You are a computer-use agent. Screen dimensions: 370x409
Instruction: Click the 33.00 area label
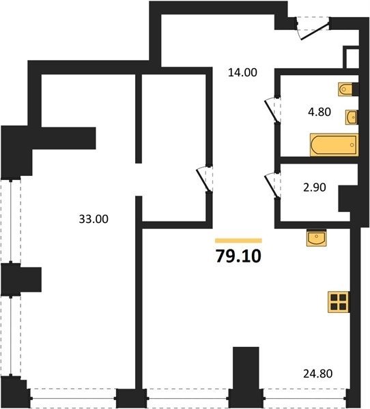94,219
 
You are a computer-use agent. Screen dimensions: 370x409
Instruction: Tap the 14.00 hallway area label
242,72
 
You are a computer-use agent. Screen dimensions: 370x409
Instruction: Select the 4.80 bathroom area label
319,112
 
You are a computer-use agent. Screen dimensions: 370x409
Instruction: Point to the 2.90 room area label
314,187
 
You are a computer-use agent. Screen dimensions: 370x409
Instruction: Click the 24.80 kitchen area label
317,374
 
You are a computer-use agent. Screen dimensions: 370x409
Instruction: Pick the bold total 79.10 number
238,256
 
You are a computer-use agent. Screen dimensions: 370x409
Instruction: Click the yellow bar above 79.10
238,241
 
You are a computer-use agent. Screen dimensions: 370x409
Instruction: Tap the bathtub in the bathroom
334,145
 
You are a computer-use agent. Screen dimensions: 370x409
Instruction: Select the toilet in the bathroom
347,89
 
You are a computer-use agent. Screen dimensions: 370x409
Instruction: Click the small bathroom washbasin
351,117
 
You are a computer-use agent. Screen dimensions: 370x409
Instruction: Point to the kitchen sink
317,238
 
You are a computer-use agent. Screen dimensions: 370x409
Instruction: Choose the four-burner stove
339,302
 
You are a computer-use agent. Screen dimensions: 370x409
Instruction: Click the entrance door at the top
313,29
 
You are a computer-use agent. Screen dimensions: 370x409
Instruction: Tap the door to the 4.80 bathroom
272,110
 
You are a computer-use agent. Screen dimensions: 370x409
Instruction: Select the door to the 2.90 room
272,185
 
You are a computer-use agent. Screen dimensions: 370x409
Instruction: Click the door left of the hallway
204,179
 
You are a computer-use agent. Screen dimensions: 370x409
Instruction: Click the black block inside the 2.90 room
345,198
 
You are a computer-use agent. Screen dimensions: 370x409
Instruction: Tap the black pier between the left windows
21,279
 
